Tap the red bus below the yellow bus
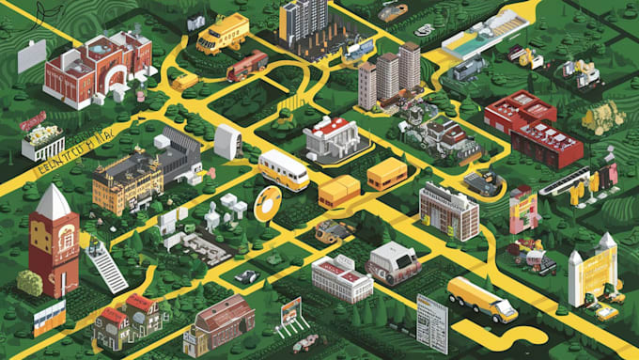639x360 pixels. coord(246,65)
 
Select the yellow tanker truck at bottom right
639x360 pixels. coord(482,299)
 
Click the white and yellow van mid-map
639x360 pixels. coord(283,170)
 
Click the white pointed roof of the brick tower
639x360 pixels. coord(53,202)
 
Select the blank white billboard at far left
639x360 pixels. coord(31,55)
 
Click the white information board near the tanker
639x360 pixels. coord(431,324)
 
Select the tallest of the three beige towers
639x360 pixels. coord(410,67)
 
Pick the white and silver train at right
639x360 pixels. coord(564,180)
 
